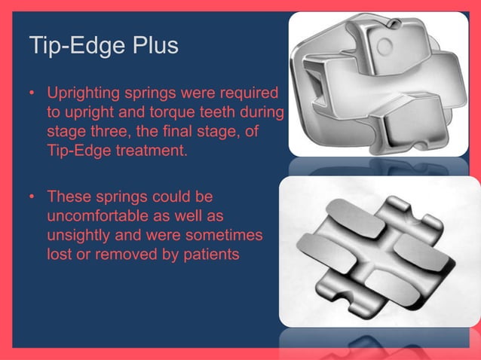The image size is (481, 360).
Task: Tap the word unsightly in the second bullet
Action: [x=77, y=236]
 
